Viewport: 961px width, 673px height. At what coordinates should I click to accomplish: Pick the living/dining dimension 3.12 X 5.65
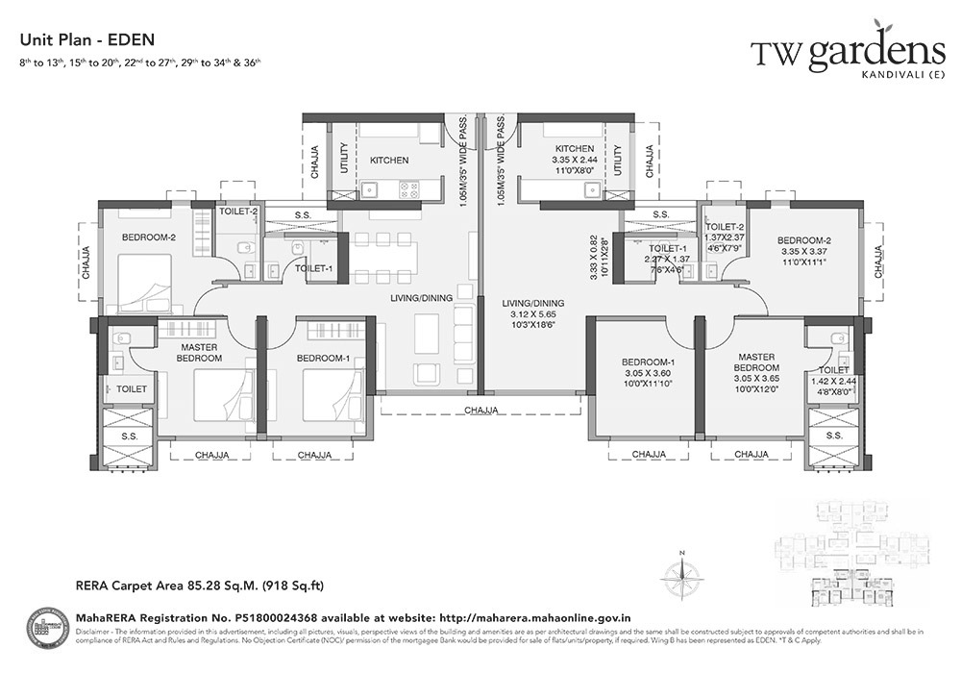pos(532,314)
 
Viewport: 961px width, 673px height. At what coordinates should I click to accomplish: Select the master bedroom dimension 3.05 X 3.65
pos(755,379)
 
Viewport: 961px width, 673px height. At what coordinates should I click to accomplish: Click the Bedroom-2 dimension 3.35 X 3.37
pos(802,253)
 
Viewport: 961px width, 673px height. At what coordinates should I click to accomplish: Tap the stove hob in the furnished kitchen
pos(407,189)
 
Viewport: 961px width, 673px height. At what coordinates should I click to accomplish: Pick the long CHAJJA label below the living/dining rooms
pos(481,411)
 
